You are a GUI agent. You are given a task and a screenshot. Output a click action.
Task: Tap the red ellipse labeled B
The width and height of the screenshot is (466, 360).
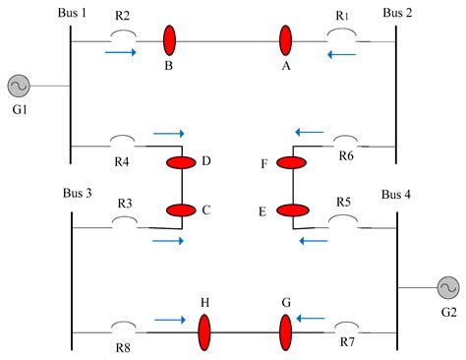pyautogui.click(x=169, y=41)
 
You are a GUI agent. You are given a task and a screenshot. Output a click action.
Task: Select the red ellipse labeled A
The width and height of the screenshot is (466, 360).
pyautogui.click(x=286, y=41)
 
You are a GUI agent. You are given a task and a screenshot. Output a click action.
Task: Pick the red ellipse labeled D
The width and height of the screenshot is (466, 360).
pyautogui.click(x=182, y=162)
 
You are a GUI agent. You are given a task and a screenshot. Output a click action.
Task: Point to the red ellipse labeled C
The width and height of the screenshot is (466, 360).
pyautogui.click(x=182, y=210)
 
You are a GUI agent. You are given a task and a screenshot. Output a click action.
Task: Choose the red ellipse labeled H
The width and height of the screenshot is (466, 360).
pyautogui.click(x=204, y=332)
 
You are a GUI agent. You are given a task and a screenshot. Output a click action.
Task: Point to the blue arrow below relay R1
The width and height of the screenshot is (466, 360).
pyautogui.click(x=343, y=55)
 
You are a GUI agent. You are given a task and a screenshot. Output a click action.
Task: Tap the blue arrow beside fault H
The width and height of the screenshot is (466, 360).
pyautogui.click(x=169, y=319)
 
